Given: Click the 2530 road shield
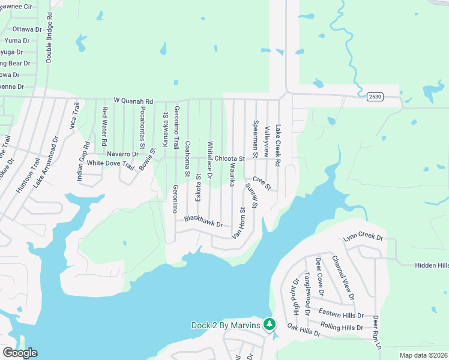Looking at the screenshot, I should tap(375, 97).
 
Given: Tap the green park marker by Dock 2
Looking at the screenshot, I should tap(270, 325).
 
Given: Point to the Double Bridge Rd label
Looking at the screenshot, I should tap(49, 36).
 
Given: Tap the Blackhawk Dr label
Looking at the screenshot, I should tap(203, 221).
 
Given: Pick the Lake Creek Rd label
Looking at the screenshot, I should tap(278, 146).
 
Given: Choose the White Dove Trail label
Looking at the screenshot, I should tap(110, 163).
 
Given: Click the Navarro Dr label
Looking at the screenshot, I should tap(122, 154).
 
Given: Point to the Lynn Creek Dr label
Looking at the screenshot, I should tap(363, 238).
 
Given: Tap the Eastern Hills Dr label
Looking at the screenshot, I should tap(341, 314).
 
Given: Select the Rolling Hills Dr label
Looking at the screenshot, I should tap(342, 327).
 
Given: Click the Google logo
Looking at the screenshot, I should tap(19, 353).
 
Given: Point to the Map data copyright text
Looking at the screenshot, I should tap(423, 355).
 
